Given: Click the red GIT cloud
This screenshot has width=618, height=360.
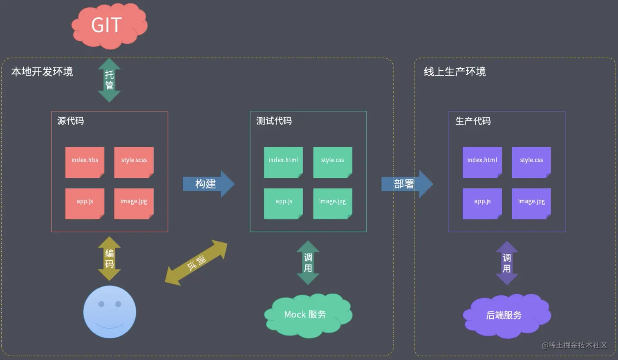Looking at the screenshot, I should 109,25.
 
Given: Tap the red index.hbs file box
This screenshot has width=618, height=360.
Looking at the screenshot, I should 85,162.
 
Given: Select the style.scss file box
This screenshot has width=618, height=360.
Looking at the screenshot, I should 134,162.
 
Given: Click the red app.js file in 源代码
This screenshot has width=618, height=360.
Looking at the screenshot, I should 85,203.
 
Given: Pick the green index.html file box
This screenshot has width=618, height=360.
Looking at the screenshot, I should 283,162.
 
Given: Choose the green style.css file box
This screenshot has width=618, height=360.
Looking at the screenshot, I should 332,162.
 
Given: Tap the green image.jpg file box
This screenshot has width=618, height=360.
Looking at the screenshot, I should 332,203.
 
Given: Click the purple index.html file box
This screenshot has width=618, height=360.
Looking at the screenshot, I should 482,162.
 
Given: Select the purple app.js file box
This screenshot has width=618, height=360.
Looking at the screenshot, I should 482,203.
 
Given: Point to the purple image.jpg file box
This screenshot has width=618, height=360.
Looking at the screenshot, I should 531,203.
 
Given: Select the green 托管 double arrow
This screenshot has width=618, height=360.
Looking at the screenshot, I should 109,80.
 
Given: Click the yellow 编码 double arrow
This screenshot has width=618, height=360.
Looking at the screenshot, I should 109,258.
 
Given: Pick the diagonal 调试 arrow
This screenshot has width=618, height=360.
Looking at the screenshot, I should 196,262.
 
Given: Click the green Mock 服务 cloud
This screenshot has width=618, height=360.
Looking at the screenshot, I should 308,315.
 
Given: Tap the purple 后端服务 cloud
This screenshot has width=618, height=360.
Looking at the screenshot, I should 506,315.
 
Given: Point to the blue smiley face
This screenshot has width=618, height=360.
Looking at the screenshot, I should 110,311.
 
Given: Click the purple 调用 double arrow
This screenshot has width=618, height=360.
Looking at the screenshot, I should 507,263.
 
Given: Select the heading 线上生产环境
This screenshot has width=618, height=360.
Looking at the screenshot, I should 455,72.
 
